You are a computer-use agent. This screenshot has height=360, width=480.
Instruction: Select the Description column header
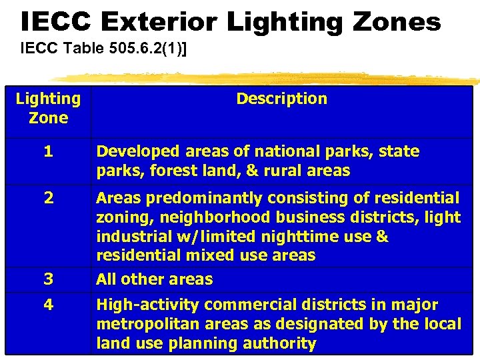(x=281, y=99)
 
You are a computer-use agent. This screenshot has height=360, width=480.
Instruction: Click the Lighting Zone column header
(x=48, y=108)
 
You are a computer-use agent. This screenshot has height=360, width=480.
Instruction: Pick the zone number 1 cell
(x=48, y=151)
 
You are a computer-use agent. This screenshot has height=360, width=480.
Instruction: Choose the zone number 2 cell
(x=48, y=198)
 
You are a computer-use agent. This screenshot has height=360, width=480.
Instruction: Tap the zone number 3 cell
(x=48, y=279)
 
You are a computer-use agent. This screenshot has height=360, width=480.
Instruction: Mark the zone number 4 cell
(x=48, y=305)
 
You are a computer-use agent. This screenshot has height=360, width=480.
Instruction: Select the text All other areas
(x=154, y=279)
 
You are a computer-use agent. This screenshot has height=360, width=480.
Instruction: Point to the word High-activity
(x=148, y=305)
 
